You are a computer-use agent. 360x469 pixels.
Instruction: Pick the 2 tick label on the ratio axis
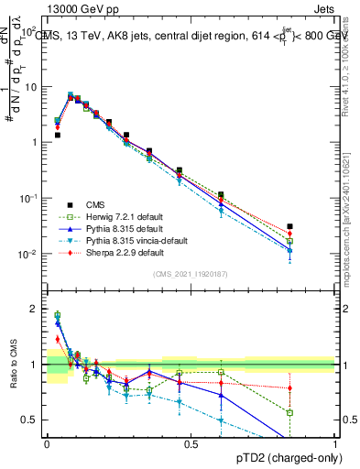click(x=37, y=309)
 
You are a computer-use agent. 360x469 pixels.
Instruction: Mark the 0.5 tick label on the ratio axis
click(x=33, y=420)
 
